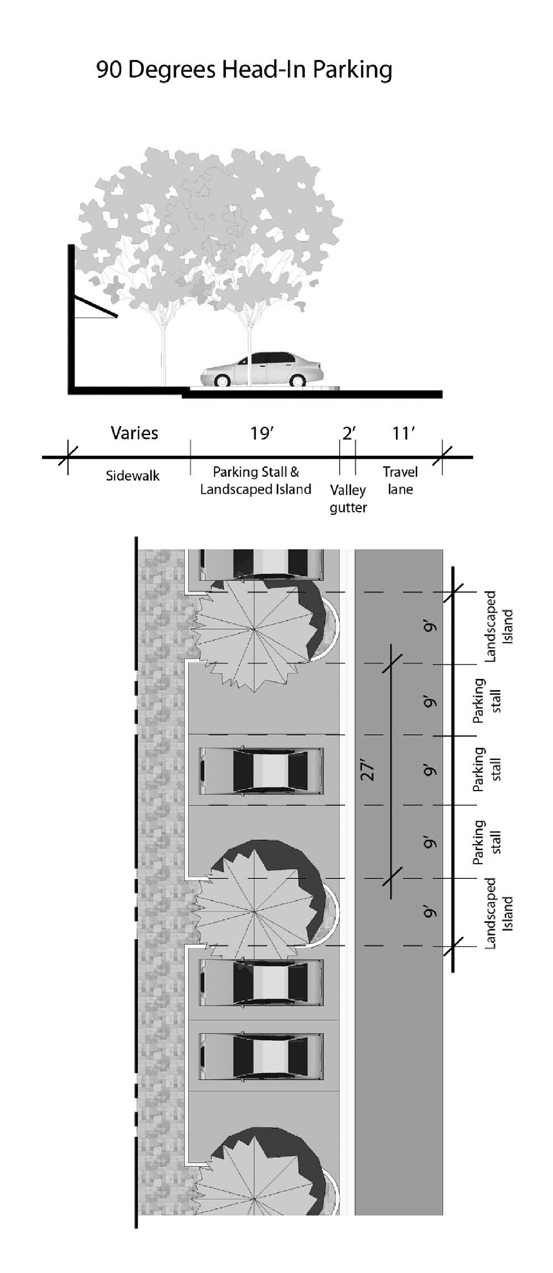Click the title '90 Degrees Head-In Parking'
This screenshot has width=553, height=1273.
244,70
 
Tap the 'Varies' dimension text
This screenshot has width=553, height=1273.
134,433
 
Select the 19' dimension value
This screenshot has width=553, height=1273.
262,433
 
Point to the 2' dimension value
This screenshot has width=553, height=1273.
348,433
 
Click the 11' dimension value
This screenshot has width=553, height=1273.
403,433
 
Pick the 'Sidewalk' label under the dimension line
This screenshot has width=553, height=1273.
133,476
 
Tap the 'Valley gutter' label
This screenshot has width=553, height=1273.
348,499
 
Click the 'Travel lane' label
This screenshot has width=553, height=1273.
400,480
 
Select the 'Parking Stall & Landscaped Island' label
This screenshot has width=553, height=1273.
256,480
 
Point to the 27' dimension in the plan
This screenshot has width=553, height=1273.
367,770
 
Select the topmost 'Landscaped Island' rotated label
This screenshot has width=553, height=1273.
498,626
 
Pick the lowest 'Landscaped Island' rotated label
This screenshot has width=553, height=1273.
498,913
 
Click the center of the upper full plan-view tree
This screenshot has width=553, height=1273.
254,629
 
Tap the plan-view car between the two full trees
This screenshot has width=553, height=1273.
261,770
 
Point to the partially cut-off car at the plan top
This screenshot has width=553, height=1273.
261,564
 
